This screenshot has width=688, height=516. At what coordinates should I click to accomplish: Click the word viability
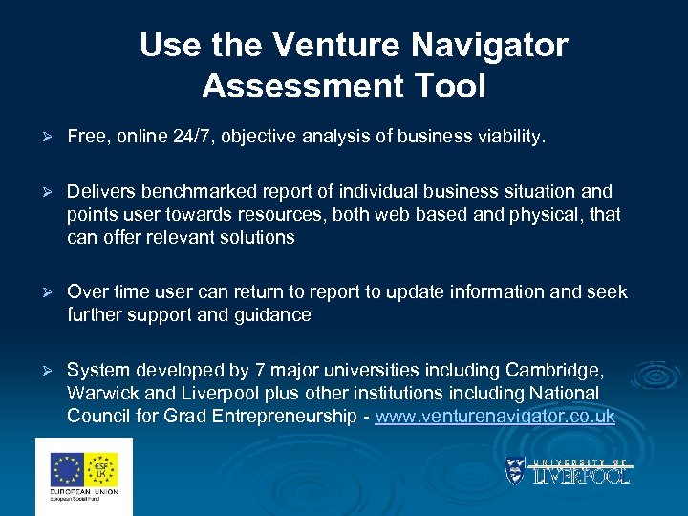[x=513, y=138]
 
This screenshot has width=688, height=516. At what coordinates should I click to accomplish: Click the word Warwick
[x=104, y=393]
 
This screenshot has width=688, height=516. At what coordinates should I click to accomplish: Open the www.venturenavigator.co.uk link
[x=495, y=416]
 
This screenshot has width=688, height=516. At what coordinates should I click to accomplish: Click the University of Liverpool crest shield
[x=515, y=471]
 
